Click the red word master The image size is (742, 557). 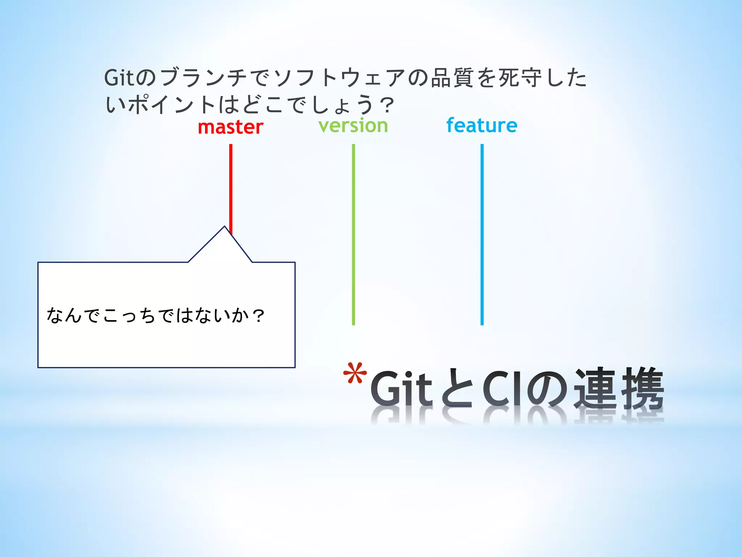tap(230, 127)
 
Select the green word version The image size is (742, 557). tap(353, 126)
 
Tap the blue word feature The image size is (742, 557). tap(482, 125)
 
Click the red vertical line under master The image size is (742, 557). tap(231, 185)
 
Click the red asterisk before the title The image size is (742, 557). tap(355, 374)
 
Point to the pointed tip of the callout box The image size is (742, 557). tap(225, 227)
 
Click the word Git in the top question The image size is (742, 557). tap(119, 78)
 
